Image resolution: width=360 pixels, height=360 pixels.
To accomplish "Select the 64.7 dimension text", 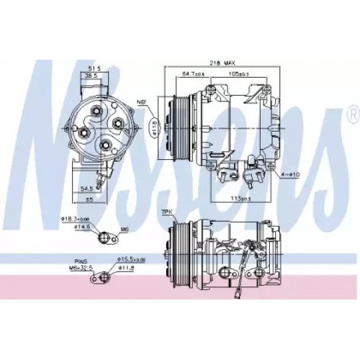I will click(193, 73).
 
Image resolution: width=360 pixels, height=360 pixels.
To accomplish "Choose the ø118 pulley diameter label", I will click(153, 128).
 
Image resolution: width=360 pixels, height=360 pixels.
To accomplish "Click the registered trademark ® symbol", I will click(351, 115).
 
